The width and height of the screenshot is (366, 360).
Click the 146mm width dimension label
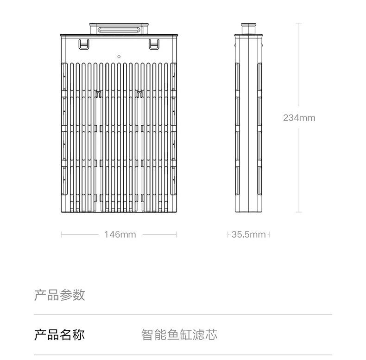120,234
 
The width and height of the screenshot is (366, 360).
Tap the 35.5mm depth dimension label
248,234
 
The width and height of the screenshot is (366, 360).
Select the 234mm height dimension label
299,118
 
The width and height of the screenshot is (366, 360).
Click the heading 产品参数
60,295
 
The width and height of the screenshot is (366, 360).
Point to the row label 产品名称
60,334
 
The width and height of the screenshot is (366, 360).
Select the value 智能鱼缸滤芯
179,334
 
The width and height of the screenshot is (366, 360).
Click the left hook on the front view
83,44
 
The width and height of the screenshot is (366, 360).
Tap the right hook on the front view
153,44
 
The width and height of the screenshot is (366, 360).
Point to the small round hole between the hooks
119,56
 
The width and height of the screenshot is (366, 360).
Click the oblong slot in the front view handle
119,29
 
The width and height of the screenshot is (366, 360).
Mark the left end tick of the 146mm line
61,234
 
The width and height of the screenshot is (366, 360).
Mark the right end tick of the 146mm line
177,234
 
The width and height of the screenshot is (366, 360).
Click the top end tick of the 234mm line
299,23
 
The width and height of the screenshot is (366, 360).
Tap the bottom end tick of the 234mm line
299,212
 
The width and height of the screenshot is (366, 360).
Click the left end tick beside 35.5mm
228,234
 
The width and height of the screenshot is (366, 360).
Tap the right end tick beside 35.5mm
269,234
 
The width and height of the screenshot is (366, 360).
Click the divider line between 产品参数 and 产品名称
183,315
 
